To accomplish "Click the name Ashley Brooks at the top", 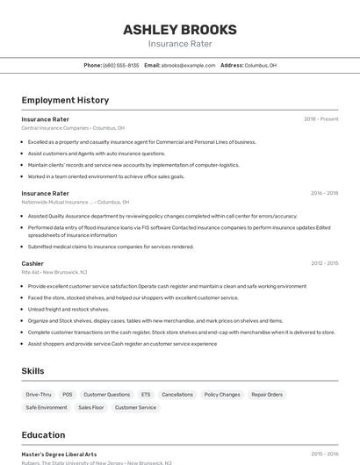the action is point(179,29).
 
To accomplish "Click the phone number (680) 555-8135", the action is point(120,65).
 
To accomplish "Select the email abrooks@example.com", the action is point(188,65).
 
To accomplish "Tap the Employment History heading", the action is point(65,100).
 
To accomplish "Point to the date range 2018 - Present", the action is point(320,118).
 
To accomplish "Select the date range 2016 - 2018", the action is point(324,193).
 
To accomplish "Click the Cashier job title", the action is point(32,263).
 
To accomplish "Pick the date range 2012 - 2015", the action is point(324,263).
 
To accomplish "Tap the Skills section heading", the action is point(33,371).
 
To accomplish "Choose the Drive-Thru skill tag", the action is point(39,395).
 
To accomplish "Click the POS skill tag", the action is point(68,395).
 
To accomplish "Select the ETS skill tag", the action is point(146,395).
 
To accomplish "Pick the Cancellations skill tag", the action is point(177,395).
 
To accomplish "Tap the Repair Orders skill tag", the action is point(267,395).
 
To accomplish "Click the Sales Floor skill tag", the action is point(91,408).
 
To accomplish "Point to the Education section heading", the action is point(43,435).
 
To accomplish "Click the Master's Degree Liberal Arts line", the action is point(59,454).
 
